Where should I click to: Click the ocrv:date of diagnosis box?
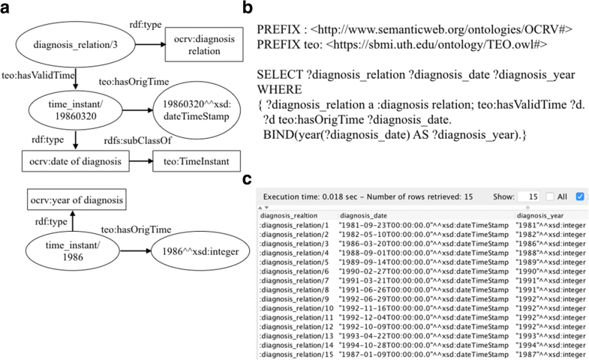coord(76,160)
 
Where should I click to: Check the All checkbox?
coord(551,196)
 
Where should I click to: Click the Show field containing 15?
coord(528,196)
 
